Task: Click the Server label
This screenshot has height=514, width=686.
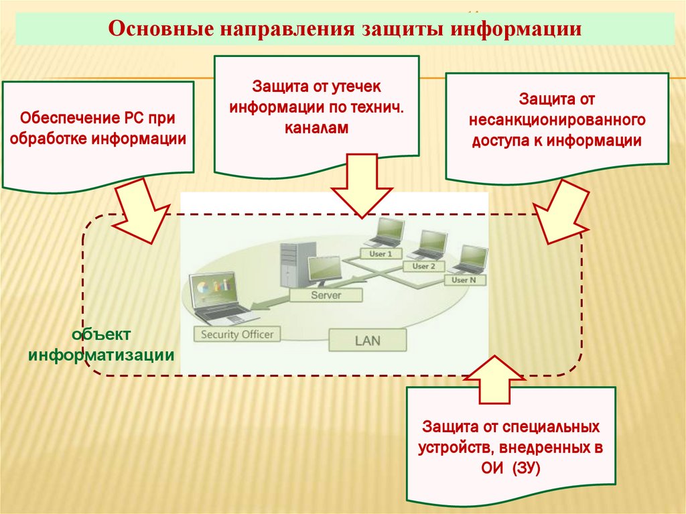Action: coord(326,295)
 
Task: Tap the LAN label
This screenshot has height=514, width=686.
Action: coord(367,340)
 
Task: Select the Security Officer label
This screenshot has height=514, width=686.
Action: coord(237,333)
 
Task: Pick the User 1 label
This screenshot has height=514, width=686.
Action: coord(381,254)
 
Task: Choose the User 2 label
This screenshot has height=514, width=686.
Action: coord(424,266)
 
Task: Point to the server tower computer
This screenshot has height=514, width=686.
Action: coord(289,265)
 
